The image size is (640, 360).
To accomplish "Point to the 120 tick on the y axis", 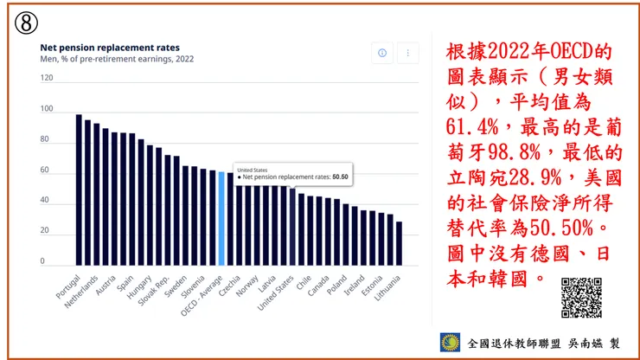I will pos(47,78).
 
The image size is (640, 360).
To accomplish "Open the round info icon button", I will pos(382,53).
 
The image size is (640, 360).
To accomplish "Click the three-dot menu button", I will pos(407,53).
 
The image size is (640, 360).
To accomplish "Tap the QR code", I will pos(580,298).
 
